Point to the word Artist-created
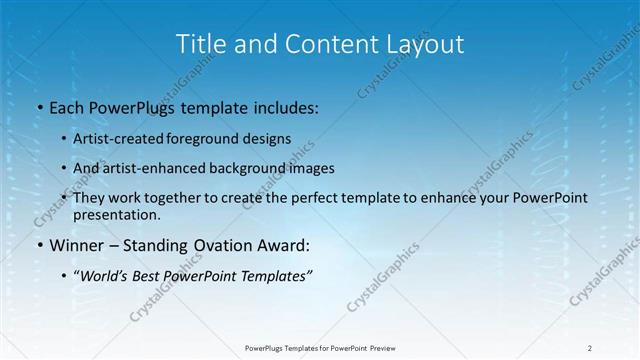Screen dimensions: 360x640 pyautogui.click(x=119, y=139)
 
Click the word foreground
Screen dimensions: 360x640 pyautogui.click(x=206, y=139)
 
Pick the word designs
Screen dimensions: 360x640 pyautogui.click(x=268, y=139)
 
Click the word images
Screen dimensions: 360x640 pyautogui.click(x=313, y=168)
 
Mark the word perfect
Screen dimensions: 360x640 pyautogui.click(x=302, y=198)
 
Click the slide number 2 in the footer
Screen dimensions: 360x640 pyautogui.click(x=590, y=348)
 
